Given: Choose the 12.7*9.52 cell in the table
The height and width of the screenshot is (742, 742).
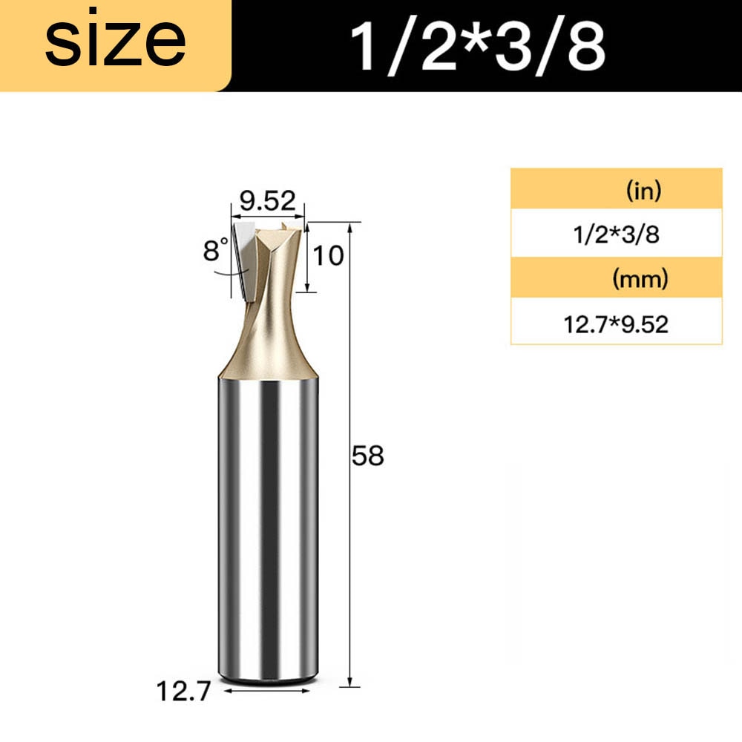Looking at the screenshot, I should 617,324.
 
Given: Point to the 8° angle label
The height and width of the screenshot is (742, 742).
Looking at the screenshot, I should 216,251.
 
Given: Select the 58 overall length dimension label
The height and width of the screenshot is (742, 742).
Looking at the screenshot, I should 367,456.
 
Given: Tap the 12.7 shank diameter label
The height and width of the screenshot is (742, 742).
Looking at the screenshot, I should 183,692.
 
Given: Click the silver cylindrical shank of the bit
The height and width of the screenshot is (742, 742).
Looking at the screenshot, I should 269,519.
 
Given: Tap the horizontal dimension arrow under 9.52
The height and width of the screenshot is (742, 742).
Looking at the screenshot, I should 267,216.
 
